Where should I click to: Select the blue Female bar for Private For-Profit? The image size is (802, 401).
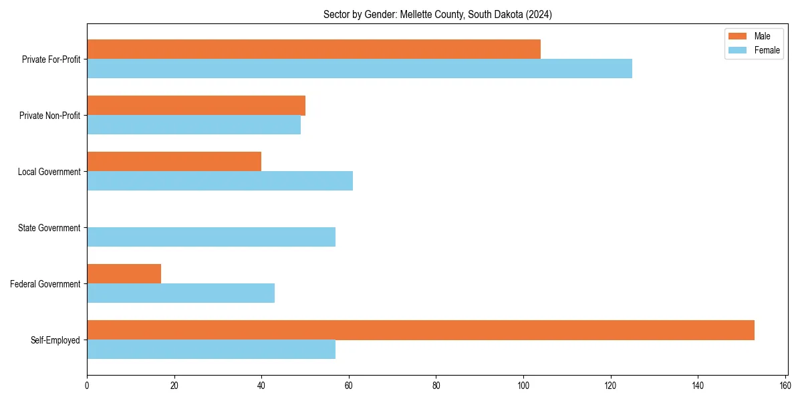(x=360, y=69)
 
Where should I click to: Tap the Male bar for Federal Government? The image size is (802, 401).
(x=124, y=274)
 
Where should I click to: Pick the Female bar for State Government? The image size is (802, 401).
(x=211, y=237)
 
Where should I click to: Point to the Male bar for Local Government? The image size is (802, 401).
(x=174, y=162)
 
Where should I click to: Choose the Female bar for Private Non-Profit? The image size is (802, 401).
(x=194, y=125)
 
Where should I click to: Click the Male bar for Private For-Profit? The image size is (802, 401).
(x=313, y=49)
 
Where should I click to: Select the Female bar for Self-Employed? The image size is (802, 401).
(x=211, y=350)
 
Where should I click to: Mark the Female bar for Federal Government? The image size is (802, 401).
(x=180, y=293)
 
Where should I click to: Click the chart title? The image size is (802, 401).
(x=437, y=14)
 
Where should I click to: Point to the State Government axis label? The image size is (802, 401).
(x=49, y=228)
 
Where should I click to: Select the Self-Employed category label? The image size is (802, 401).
(x=55, y=340)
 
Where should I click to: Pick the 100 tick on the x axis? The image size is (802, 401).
(x=523, y=386)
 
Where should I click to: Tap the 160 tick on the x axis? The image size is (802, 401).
(x=785, y=386)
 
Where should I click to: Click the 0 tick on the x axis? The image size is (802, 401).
(x=87, y=386)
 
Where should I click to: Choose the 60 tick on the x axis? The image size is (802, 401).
(x=349, y=386)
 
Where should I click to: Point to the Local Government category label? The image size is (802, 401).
(x=49, y=172)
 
